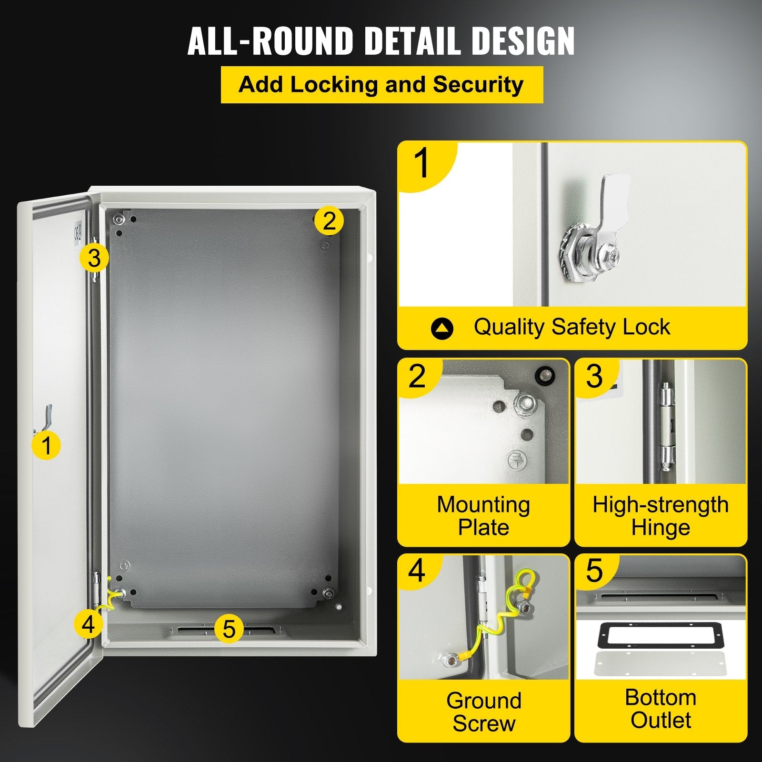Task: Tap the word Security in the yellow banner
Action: point(478,85)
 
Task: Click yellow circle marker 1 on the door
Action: point(46,445)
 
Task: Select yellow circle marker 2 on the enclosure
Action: point(329,221)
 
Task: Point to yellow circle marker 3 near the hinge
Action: point(94,258)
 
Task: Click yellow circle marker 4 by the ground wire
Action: point(89,623)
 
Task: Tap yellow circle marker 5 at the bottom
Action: point(229,629)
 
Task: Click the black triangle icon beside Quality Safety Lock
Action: point(442,328)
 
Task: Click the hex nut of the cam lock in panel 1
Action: point(573,252)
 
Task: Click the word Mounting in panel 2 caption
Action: point(483,505)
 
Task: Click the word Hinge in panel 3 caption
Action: point(661,528)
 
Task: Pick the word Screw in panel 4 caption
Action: point(483,723)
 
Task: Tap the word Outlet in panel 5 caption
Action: point(661,720)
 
